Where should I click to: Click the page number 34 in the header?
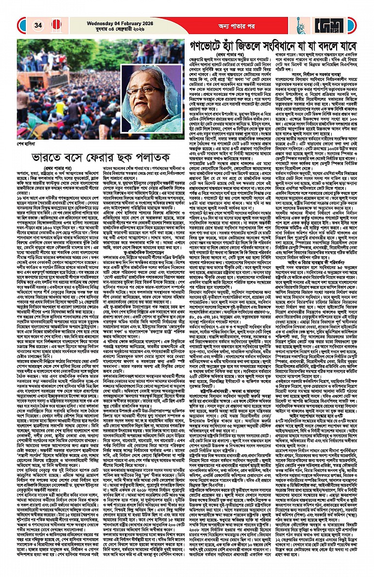pos(38,25)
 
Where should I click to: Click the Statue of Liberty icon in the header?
pos(300,24)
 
